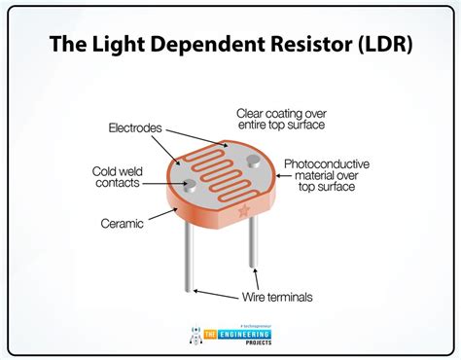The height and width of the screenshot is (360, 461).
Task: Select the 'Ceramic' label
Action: pyautogui.click(x=124, y=223)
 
